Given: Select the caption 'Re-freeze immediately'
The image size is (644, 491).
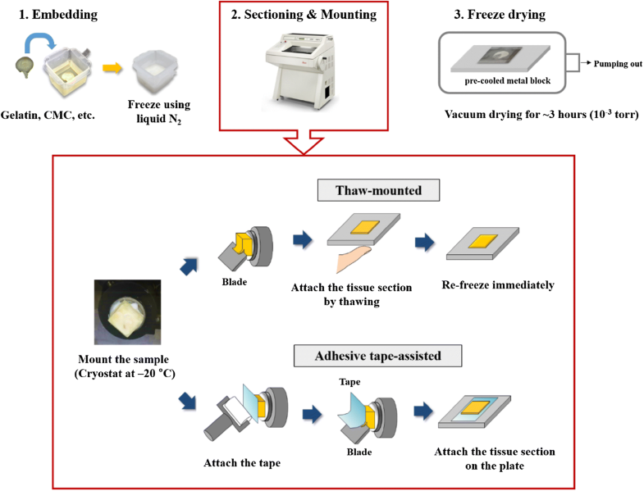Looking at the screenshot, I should pyautogui.click(x=501, y=286).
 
